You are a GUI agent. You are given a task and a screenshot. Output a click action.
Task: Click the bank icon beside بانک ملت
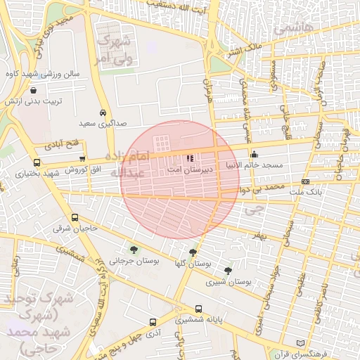(x=305, y=181)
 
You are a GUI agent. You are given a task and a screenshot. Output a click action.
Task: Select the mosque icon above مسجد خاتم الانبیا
(x=254, y=155)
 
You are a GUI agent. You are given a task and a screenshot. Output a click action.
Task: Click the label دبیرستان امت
(x=186, y=170)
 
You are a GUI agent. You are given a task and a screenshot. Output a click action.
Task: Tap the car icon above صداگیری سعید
(x=103, y=113)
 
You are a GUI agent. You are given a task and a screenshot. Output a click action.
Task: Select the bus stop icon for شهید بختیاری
(x=37, y=162)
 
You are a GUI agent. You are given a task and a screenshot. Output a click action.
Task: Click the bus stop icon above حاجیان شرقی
(x=75, y=219)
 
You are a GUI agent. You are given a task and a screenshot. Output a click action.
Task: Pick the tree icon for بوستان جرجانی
(x=134, y=250)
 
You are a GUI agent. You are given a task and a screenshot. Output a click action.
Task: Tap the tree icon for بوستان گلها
(x=193, y=252)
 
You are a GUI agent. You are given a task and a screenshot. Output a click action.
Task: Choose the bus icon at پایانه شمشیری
(x=199, y=309)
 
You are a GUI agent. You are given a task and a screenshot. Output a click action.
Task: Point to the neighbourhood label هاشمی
(x=290, y=30)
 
